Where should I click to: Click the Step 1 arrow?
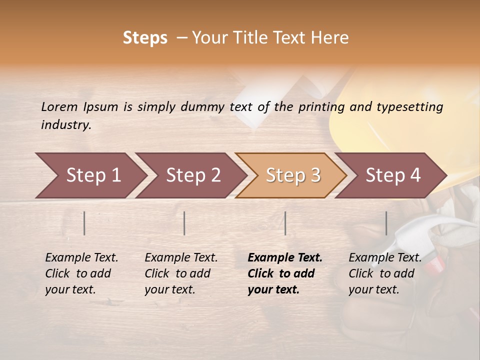coord(90,175)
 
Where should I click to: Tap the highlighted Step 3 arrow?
coord(291,175)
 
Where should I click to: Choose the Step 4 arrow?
coord(391,175)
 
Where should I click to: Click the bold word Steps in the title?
coord(145,38)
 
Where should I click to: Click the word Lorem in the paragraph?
coord(59,106)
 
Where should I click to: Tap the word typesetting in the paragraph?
coord(409,107)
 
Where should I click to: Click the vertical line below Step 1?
coord(84,223)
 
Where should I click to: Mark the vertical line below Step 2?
coord(184,223)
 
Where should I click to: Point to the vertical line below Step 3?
coord(285,223)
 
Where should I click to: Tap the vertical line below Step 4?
coord(386,223)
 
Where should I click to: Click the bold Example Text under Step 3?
coord(285,258)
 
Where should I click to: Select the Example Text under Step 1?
coord(81,258)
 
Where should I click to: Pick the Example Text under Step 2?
coord(181,258)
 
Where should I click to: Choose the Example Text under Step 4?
coord(385,258)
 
